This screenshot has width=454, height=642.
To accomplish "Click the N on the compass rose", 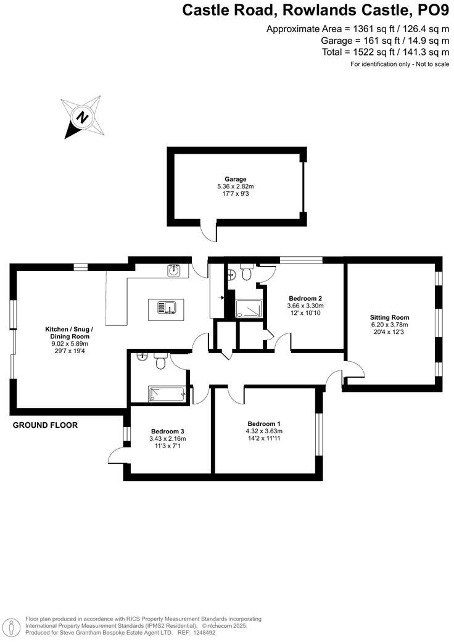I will click(x=81, y=116).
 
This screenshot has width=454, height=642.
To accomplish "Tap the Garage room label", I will click(x=235, y=179).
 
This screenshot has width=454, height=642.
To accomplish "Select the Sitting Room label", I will click(x=390, y=317).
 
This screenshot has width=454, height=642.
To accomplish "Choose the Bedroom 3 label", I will click(x=167, y=431).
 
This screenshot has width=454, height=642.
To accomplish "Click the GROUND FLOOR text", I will click(x=45, y=425).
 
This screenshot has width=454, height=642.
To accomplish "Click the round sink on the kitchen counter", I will click(x=175, y=270).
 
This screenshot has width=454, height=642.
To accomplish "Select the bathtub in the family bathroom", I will click(x=167, y=393).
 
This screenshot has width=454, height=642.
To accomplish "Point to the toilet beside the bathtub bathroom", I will click(x=161, y=362).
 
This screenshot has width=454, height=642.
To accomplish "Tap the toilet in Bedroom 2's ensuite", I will click(x=247, y=272).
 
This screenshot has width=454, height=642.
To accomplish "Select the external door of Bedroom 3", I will click(x=117, y=454).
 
